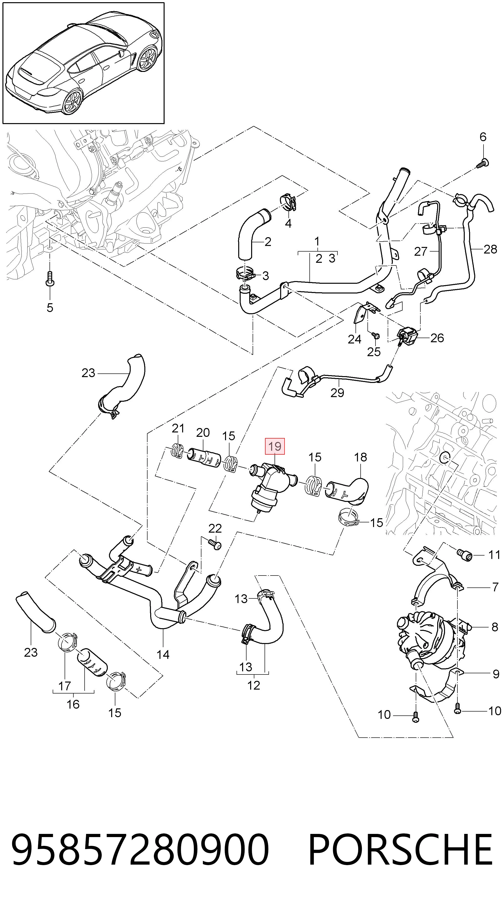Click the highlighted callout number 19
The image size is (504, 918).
pyautogui.click(x=275, y=446)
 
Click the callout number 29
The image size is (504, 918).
pyautogui.click(x=337, y=392)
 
